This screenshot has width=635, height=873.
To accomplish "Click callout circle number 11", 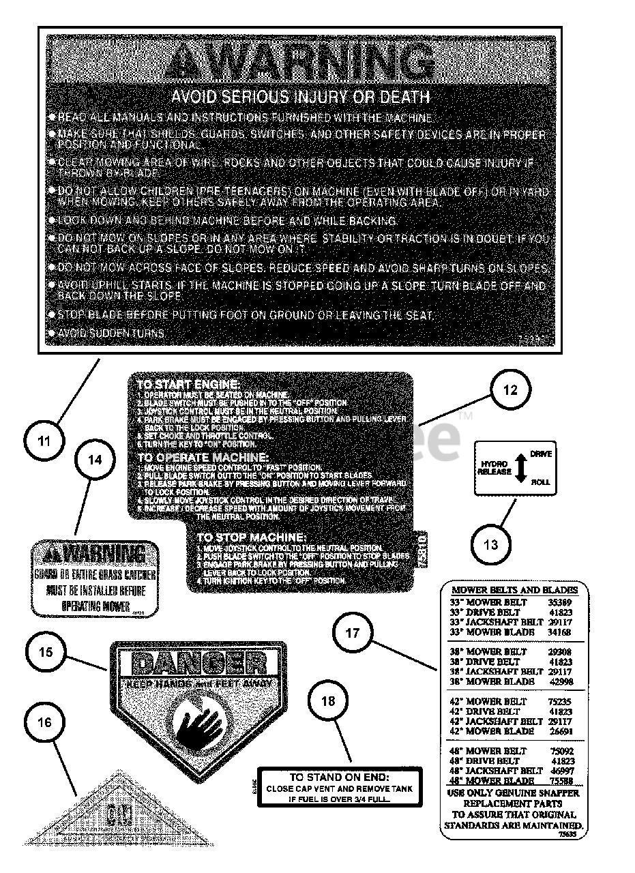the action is [x=44, y=441].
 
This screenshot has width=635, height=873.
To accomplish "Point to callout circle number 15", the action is [x=45, y=651].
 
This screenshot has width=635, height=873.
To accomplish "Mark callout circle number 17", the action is [x=352, y=632].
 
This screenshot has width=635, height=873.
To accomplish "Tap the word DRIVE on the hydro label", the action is [x=541, y=454].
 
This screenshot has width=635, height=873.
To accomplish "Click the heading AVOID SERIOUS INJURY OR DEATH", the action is [x=300, y=97].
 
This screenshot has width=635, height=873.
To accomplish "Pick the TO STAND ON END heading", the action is [x=339, y=777].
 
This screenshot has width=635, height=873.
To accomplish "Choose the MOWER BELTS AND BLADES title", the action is [x=515, y=590].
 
